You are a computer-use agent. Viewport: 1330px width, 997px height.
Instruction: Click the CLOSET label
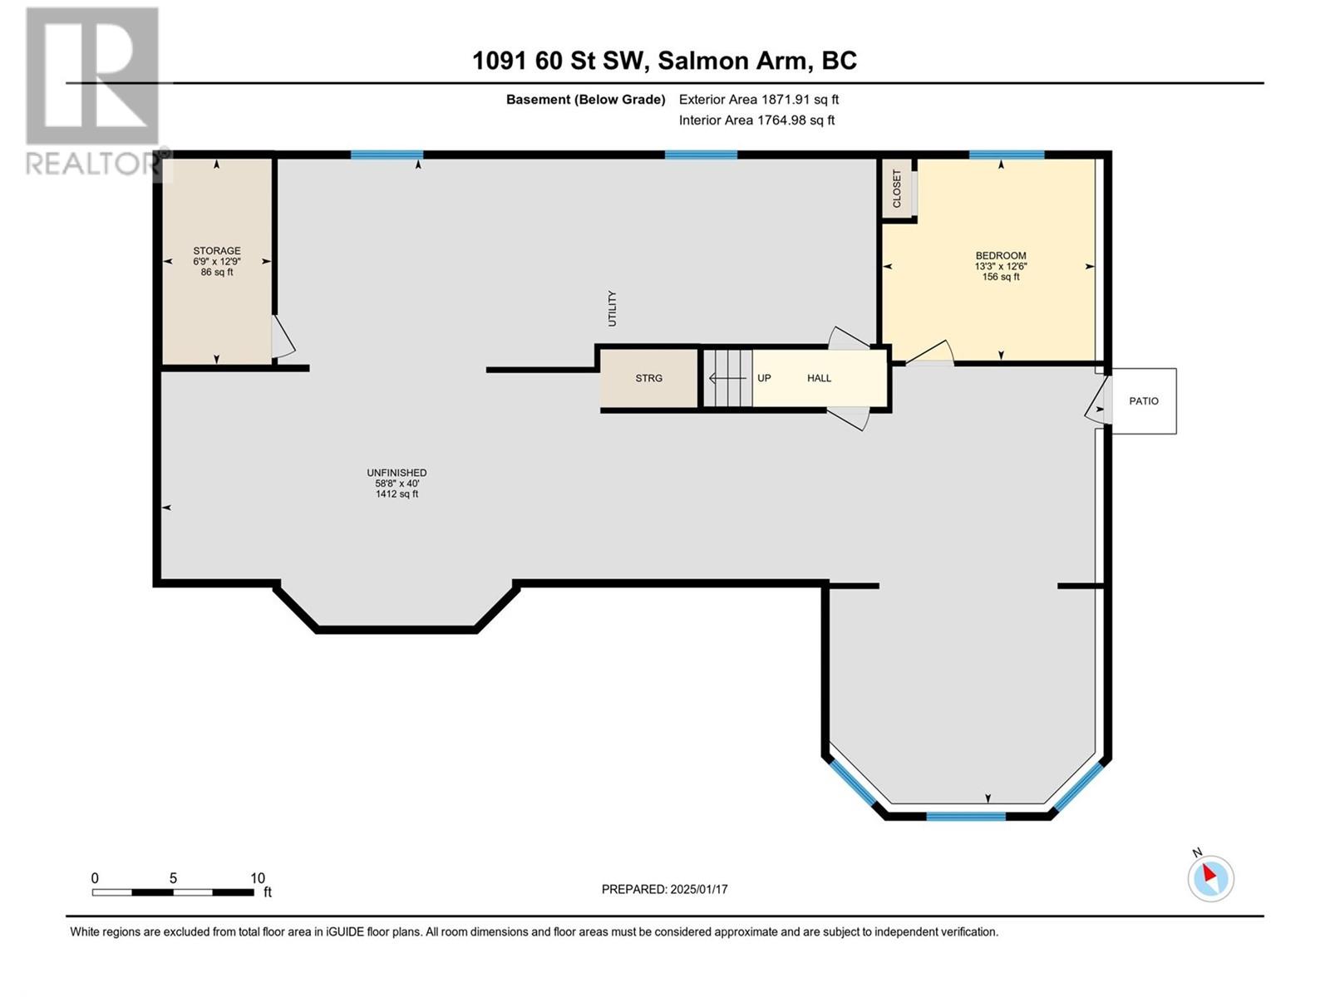click(897, 189)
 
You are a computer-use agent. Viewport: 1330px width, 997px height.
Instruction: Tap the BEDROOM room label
click(1000, 255)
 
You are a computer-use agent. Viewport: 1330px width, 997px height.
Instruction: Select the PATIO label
click(1143, 400)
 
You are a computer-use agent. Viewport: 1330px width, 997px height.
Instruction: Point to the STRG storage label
click(648, 378)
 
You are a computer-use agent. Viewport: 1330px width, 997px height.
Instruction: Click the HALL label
click(819, 378)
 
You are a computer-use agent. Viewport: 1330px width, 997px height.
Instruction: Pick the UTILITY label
click(612, 309)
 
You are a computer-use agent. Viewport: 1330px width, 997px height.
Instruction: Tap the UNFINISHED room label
click(397, 473)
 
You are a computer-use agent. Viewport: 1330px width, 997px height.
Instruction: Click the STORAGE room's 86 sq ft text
click(217, 273)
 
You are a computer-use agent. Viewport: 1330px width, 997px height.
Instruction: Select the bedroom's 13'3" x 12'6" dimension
click(1000, 267)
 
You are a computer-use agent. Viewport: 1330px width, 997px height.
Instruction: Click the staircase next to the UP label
click(727, 378)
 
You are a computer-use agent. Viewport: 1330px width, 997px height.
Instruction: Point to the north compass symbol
click(1210, 878)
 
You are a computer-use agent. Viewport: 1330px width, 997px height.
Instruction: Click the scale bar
click(173, 892)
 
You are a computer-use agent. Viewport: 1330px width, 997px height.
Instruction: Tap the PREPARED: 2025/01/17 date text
click(664, 889)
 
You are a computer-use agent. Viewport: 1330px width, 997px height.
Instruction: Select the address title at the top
click(664, 61)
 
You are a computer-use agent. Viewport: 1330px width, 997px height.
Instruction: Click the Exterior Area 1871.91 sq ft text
click(759, 99)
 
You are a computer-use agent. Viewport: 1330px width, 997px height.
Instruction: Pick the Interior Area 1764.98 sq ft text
click(756, 120)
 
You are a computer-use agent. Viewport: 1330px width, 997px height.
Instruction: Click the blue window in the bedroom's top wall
click(1007, 155)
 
